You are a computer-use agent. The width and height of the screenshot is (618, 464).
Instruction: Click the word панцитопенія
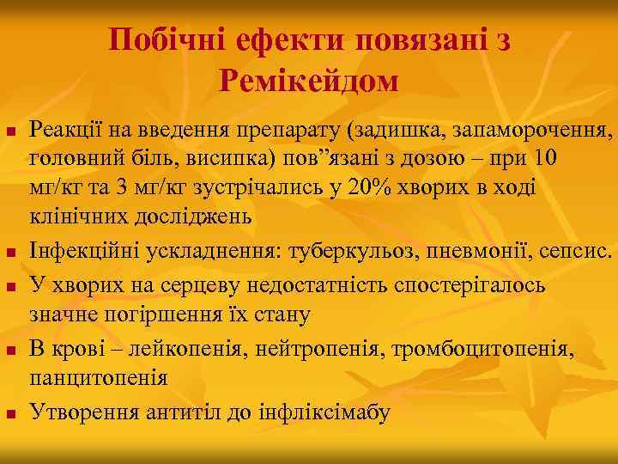coord(99,377)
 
